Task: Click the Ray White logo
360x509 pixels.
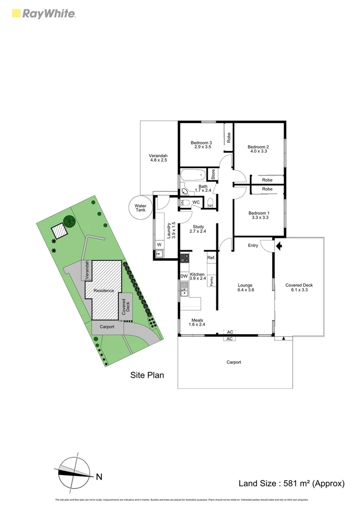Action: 43,14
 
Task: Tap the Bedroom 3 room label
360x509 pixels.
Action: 201,143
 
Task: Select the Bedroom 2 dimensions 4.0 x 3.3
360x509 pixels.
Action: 258,151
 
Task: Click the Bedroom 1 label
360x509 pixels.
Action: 258,213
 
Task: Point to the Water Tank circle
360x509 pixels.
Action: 140,208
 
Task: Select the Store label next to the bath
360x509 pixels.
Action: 213,174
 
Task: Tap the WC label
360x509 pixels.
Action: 196,202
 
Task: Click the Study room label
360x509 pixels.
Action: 198,226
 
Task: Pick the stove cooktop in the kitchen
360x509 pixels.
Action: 185,258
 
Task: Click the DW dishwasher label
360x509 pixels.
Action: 184,276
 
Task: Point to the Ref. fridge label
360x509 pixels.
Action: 212,258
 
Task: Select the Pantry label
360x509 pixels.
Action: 212,281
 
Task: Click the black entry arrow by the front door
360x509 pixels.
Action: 278,246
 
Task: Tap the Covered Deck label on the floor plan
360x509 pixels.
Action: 299,285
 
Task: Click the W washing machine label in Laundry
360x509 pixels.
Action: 159,245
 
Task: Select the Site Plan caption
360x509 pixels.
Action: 147,375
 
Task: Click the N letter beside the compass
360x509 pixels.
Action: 99,477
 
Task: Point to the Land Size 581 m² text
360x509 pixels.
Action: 292,483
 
